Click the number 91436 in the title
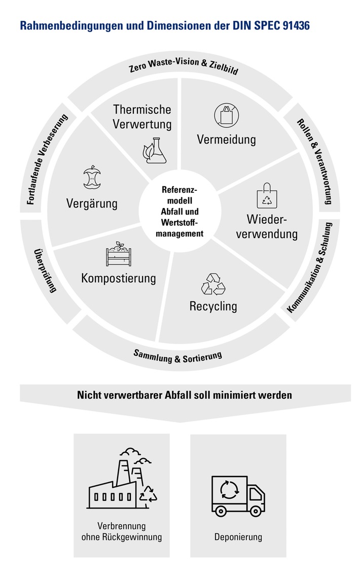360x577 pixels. [291, 25]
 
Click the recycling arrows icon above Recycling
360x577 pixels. [213, 284]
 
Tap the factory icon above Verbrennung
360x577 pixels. [122, 480]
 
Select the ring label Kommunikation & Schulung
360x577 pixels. [310, 267]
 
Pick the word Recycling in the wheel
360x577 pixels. [213, 307]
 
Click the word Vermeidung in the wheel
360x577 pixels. [226, 139]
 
